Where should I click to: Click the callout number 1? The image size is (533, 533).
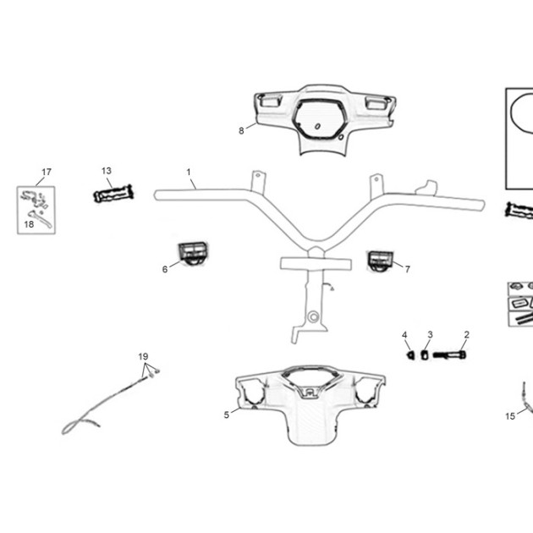189,173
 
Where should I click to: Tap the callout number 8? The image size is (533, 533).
241,131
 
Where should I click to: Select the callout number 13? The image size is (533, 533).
107,171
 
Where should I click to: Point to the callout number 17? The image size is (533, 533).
47,172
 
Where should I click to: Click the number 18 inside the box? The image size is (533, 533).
30,224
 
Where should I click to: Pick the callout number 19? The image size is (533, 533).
144,356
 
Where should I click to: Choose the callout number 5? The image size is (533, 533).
227,415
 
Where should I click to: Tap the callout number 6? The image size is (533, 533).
165,269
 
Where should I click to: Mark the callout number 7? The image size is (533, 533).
408,269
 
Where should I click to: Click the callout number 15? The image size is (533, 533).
510,416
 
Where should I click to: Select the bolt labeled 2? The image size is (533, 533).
449,355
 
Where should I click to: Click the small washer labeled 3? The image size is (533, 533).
424,355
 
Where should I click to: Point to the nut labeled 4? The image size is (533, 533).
411,355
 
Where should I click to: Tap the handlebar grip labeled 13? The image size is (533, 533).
113,194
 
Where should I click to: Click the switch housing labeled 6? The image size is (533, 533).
193,253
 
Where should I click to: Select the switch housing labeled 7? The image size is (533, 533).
380,261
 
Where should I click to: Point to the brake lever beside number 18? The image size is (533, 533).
40,218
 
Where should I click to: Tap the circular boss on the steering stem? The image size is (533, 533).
313,316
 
